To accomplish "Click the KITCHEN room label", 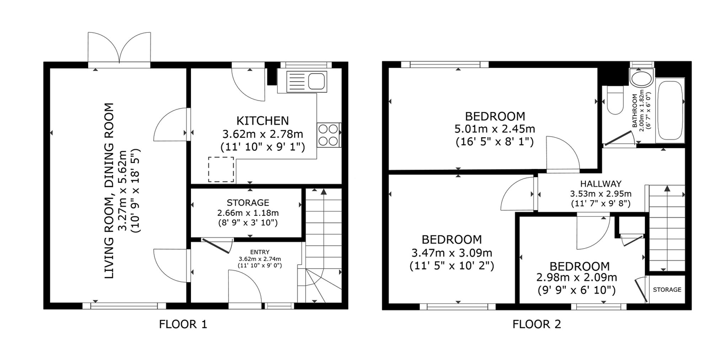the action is [x=262, y=121].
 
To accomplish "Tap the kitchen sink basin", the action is [x=316, y=81].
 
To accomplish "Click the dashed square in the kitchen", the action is [x=221, y=169].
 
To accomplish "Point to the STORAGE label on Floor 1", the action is [x=248, y=203].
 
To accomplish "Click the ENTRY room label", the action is [x=260, y=252].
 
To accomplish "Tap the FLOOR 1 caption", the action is [x=183, y=324].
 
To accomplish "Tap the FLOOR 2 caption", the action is [x=536, y=324].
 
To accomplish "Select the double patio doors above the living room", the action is [x=119, y=48].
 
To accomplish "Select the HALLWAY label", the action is [x=601, y=184].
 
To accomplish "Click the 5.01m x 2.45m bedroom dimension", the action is [x=495, y=129].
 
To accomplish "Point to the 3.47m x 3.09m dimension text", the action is [x=452, y=253].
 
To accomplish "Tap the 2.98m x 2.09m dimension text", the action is [x=577, y=277].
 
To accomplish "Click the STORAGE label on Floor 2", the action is [x=667, y=290].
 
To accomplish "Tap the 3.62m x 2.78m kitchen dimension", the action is [x=263, y=134].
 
